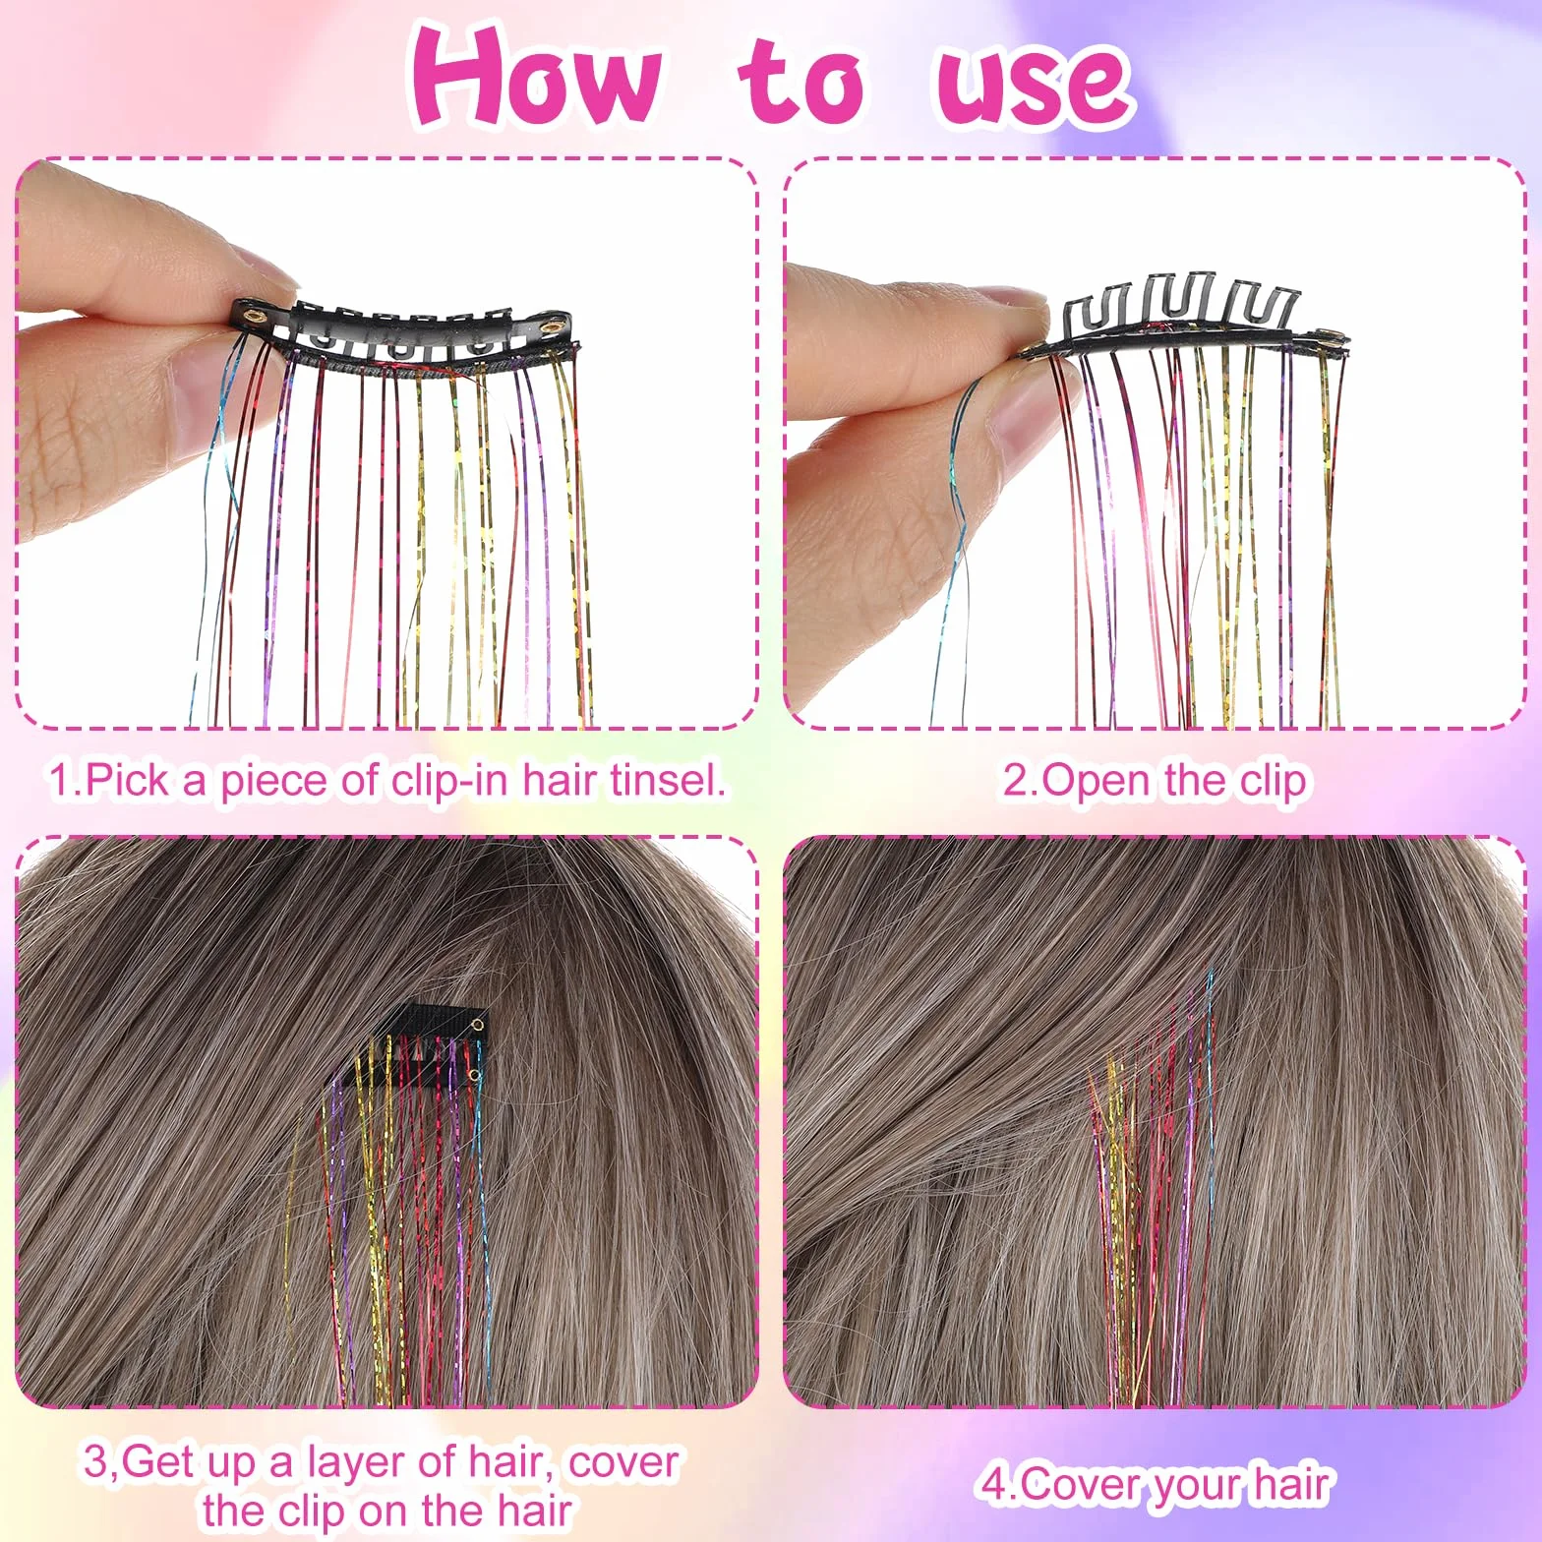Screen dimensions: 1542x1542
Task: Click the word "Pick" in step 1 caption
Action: tap(127, 781)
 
